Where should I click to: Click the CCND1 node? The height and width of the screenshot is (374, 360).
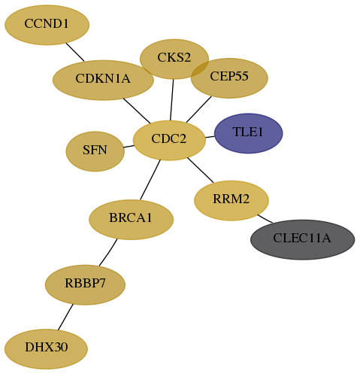pyautogui.click(x=47, y=25)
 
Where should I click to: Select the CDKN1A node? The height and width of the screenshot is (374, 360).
pyautogui.click(x=103, y=80)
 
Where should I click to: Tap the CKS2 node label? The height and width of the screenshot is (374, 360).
pyautogui.click(x=174, y=57)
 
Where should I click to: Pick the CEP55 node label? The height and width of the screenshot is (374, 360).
pyautogui.click(x=229, y=76)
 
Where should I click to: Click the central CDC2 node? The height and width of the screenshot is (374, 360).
pyautogui.click(x=169, y=140)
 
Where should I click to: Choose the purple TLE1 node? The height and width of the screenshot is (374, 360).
pyautogui.click(x=249, y=133)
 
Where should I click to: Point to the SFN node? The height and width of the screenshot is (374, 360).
pyautogui.click(x=95, y=151)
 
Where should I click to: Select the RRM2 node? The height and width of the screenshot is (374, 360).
pyautogui.click(x=231, y=200)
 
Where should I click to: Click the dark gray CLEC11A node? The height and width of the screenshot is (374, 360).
pyautogui.click(x=302, y=239)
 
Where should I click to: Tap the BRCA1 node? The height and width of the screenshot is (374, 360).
pyautogui.click(x=131, y=220)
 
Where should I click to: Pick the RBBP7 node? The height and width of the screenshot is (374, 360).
pyautogui.click(x=85, y=284)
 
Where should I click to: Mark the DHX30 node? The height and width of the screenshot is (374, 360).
pyautogui.click(x=46, y=349)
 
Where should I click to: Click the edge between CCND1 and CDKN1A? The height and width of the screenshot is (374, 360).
pyautogui.click(x=75, y=52)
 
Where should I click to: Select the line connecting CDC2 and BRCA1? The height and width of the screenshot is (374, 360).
pyautogui.click(x=150, y=180)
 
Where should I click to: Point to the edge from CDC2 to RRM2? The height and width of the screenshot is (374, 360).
pyautogui.click(x=201, y=170)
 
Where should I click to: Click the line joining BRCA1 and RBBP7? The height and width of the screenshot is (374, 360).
pyautogui.click(x=108, y=252)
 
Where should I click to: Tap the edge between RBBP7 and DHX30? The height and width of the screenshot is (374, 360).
pyautogui.click(x=65, y=317)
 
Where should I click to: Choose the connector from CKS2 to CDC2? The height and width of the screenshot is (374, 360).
pyautogui.click(x=172, y=100)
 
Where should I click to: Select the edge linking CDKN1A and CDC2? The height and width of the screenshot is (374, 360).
pyautogui.click(x=137, y=111)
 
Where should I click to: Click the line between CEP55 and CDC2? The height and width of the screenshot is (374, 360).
pyautogui.click(x=199, y=109)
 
